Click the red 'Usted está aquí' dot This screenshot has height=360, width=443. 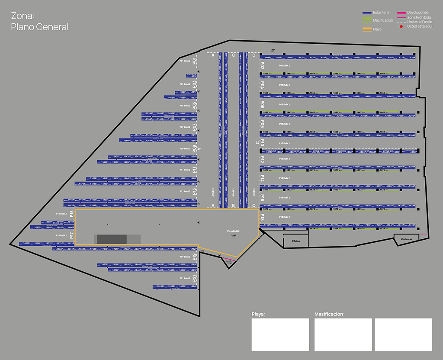pyautogui.click(x=401, y=26)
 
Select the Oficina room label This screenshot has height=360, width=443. pyautogui.click(x=296, y=241)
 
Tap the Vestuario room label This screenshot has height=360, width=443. pyautogui.click(x=409, y=239)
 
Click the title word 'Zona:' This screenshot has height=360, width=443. pyautogui.click(x=23, y=16)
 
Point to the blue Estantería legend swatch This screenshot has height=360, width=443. pyautogui.click(x=370, y=13)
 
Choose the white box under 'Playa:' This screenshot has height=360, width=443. pyautogui.click(x=280, y=335)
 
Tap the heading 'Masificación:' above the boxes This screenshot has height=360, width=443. pyautogui.click(x=329, y=314)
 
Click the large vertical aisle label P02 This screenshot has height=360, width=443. pyautogui.click(x=262, y=65)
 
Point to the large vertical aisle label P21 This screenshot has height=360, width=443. pyautogui.click(x=195, y=279)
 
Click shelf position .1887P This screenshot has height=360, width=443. pyautogui.click(x=414, y=152)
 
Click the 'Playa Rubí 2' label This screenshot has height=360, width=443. pyautogui.click(x=233, y=231)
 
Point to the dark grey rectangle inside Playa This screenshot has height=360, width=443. pyautogui.click(x=112, y=239)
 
